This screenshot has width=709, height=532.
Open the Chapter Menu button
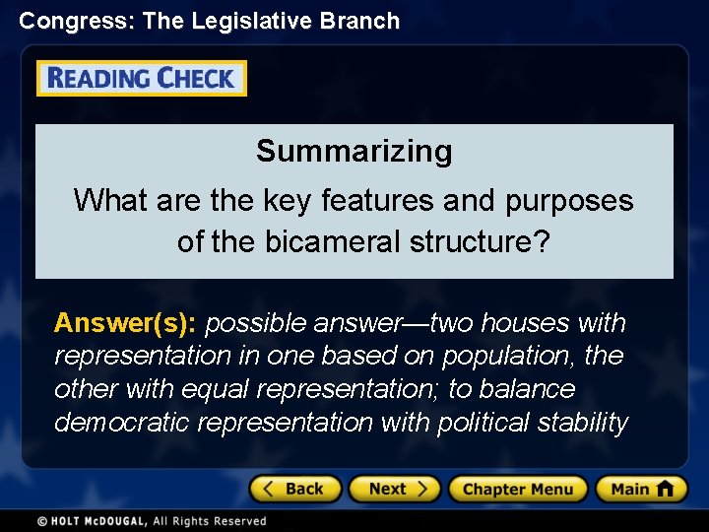click(517, 489)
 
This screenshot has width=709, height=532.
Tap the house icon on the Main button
click(666, 489)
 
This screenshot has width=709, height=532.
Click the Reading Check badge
click(142, 79)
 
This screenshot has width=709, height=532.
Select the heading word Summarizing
click(354, 152)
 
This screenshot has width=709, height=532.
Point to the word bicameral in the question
click(334, 241)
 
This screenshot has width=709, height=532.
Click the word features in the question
click(379, 201)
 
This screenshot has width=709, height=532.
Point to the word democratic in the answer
click(122, 423)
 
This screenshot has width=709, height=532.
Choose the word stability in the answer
click(583, 423)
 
